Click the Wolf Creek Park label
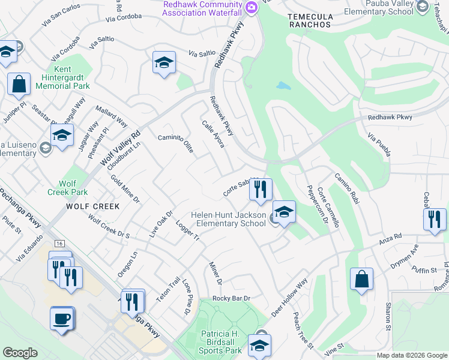point(67,188)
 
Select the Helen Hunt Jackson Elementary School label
point(228,219)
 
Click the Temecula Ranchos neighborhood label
point(309,20)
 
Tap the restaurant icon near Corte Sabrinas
point(261,190)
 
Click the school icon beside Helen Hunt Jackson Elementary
point(285,212)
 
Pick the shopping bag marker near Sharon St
point(361,279)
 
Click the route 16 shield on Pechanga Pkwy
point(59,244)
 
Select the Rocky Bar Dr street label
point(231,298)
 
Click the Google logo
point(20,353)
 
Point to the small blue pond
point(283,85)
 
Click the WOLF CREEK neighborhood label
point(93,206)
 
